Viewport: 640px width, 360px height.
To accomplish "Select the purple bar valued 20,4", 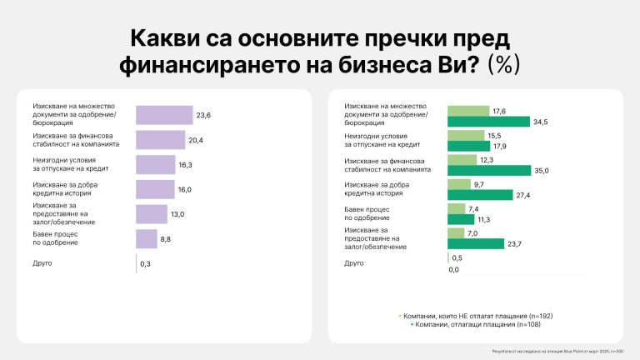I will pyautogui.click(x=160, y=140).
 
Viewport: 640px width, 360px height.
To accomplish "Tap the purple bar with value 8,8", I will pyautogui.click(x=146, y=239).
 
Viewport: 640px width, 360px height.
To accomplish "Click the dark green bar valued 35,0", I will pyautogui.click(x=489, y=170).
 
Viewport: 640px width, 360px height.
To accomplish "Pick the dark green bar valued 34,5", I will pyautogui.click(x=488, y=122).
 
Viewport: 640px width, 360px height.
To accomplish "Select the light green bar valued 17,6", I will pyautogui.click(x=468, y=110).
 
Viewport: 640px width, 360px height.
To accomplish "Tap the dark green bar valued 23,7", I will pyautogui.click(x=476, y=244).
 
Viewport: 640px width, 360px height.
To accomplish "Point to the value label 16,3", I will pyautogui.click(x=185, y=165).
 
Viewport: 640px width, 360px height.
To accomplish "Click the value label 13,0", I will pyautogui.click(x=177, y=214).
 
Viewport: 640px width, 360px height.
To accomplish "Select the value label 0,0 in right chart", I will pyautogui.click(x=454, y=269).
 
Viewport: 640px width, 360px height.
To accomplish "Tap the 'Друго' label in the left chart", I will pyautogui.click(x=42, y=263).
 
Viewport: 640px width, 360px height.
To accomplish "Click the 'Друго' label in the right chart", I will pyautogui.click(x=353, y=263).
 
